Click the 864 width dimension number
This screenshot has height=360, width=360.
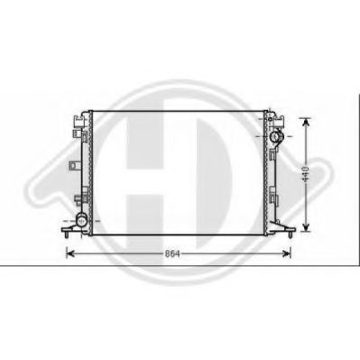click(x=172, y=254)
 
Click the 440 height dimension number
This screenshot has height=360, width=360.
click(x=306, y=173)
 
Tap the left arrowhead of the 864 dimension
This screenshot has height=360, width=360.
click(x=70, y=254)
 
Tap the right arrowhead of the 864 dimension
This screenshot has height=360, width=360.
click(x=287, y=254)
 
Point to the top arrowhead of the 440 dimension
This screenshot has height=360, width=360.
click(x=306, y=123)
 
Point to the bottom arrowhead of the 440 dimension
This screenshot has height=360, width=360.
click(x=306, y=227)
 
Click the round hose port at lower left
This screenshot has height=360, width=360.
click(x=81, y=221)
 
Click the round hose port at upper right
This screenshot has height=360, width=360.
click(x=275, y=137)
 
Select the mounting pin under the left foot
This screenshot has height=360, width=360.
click(x=66, y=235)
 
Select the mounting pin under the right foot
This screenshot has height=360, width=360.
click(x=291, y=235)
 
